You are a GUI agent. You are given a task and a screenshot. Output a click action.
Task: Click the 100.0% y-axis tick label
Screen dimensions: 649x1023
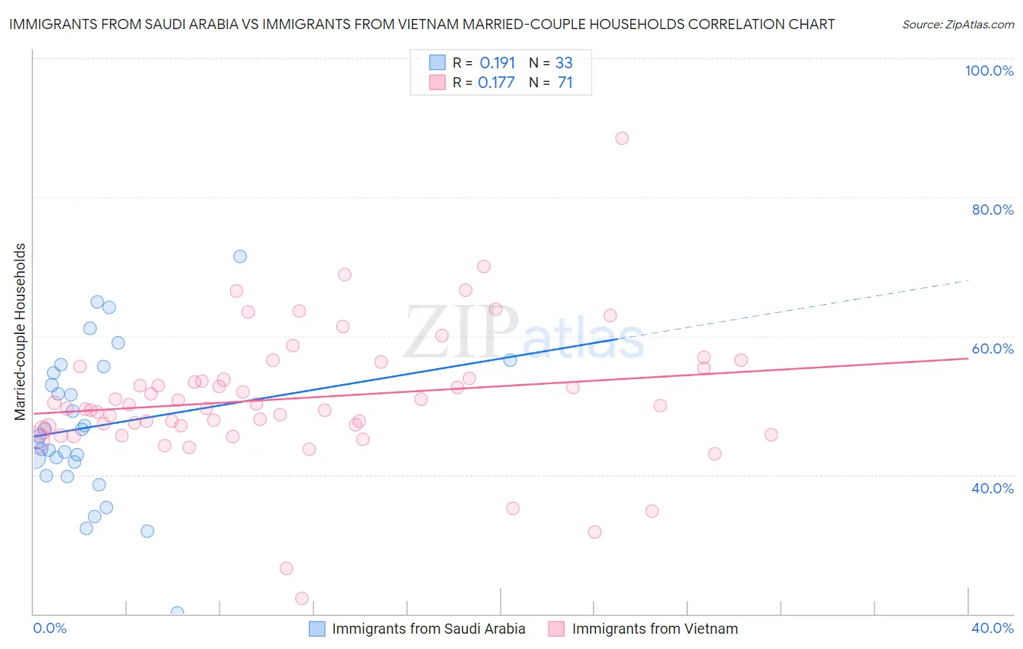tap(989, 71)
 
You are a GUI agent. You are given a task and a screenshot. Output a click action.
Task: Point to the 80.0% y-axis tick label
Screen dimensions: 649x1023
tap(992, 210)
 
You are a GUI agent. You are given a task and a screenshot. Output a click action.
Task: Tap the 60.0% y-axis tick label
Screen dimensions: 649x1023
tap(992, 349)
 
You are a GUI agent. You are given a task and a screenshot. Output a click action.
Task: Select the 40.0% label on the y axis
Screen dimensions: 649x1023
tap(992, 488)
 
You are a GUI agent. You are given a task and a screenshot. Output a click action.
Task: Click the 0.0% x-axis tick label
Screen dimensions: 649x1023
tap(49, 628)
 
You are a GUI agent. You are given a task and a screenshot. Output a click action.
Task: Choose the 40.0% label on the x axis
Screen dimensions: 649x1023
tap(992, 628)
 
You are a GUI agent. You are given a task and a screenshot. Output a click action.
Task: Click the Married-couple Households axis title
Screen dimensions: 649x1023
tap(20, 332)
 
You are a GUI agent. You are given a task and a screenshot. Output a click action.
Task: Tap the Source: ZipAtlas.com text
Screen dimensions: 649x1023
tap(958, 25)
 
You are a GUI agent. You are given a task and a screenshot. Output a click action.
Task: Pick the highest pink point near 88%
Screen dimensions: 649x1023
tap(621, 138)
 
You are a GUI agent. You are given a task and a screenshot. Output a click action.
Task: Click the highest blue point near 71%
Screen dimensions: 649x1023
tap(240, 256)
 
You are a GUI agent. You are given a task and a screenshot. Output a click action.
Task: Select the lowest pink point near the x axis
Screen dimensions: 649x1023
tap(302, 598)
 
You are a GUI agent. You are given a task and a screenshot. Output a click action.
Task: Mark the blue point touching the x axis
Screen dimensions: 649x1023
tap(177, 613)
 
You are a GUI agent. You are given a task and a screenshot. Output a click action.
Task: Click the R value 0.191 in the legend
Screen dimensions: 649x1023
tap(497, 63)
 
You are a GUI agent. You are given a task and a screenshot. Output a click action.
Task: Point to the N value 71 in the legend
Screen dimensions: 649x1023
tap(565, 83)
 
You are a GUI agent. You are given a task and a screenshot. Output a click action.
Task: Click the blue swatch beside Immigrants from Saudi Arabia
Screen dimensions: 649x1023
tap(317, 629)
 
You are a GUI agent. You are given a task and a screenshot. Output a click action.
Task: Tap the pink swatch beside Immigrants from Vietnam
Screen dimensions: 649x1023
tap(557, 629)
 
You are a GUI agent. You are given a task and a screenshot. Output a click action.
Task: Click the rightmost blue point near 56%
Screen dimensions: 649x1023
tap(510, 360)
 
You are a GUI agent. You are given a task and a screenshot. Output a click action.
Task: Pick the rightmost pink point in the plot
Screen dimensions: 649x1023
tap(771, 434)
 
